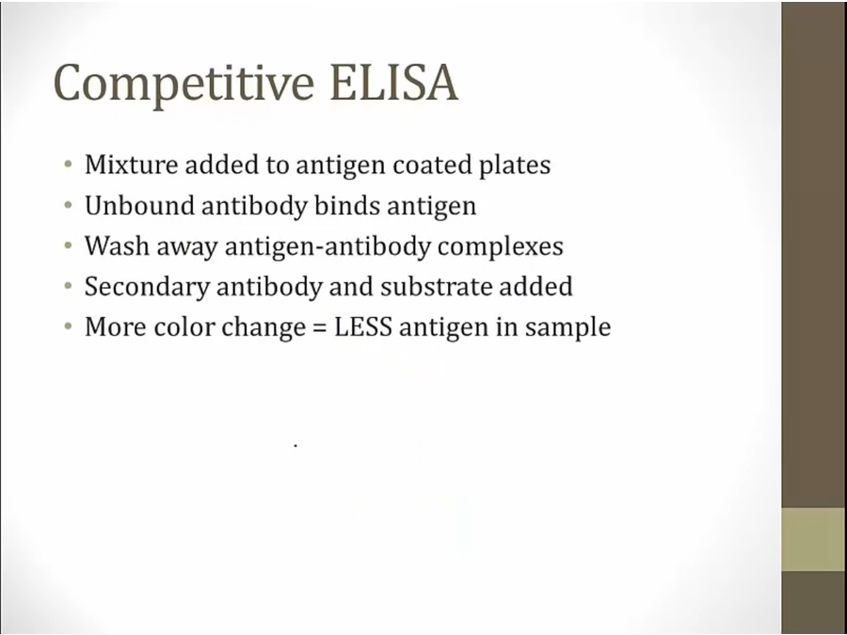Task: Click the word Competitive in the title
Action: point(184,84)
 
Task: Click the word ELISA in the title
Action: point(394,83)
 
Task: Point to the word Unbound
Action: point(139,205)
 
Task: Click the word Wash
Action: point(117,246)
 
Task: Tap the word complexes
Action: point(501,247)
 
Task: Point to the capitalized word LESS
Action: point(363,327)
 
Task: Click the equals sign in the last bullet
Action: point(320,328)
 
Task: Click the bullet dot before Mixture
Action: point(68,164)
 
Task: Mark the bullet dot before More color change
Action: point(68,326)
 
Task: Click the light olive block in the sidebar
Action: point(814,539)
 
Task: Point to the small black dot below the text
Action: point(296,446)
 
